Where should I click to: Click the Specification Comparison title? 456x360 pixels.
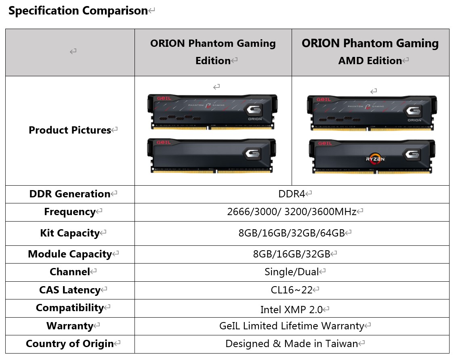pyautogui.click(x=78, y=11)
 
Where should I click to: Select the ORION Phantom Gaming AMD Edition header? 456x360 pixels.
pyautogui.click(x=370, y=52)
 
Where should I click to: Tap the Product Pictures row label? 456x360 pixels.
pyautogui.click(x=70, y=130)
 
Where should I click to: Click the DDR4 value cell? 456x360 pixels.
pyautogui.click(x=292, y=194)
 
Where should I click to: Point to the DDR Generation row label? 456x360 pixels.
pyautogui.click(x=70, y=194)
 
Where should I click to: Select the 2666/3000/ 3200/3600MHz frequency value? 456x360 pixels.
pyautogui.click(x=292, y=212)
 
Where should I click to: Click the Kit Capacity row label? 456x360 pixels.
pyautogui.click(x=70, y=233)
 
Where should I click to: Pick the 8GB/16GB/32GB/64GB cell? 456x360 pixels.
pyautogui.click(x=292, y=233)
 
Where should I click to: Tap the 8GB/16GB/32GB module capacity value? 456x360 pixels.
pyautogui.click(x=292, y=254)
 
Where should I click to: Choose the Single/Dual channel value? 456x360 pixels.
pyautogui.click(x=292, y=272)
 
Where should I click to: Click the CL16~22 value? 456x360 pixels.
pyautogui.click(x=292, y=290)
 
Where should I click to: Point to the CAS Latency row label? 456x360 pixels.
pyautogui.click(x=70, y=290)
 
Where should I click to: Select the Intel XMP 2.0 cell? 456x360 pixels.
pyautogui.click(x=292, y=310)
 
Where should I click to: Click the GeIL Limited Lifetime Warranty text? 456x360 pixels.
pyautogui.click(x=292, y=326)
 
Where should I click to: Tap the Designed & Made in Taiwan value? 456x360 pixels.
pyautogui.click(x=292, y=344)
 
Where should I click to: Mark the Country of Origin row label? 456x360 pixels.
pyautogui.click(x=70, y=344)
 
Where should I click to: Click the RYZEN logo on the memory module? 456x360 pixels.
pyautogui.click(x=375, y=158)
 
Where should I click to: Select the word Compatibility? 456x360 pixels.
pyautogui.click(x=70, y=308)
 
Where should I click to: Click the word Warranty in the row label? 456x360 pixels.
pyautogui.click(x=70, y=326)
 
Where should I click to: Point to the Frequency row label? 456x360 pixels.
pyautogui.click(x=70, y=212)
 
